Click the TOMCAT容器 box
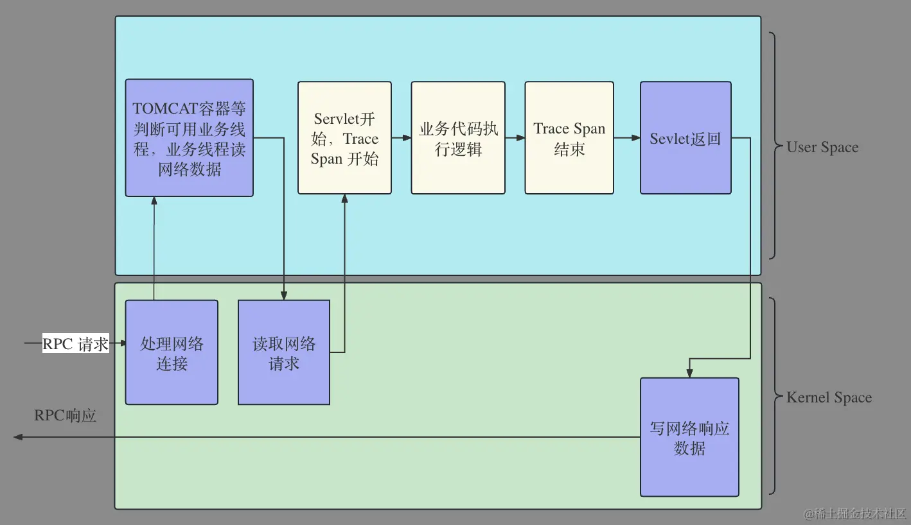pyautogui.click(x=189, y=137)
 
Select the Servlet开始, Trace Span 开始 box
pyautogui.click(x=344, y=137)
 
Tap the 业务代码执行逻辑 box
pyautogui.click(x=458, y=137)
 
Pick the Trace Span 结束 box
pyautogui.click(x=569, y=137)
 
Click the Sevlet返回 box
pyautogui.click(x=685, y=137)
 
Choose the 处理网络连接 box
pyautogui.click(x=172, y=352)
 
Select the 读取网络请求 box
pyautogui.click(x=284, y=352)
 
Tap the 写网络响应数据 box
pyautogui.click(x=689, y=437)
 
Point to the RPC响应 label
pyautogui.click(x=66, y=415)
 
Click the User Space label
pyautogui.click(x=822, y=147)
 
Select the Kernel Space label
pyautogui.click(x=829, y=397)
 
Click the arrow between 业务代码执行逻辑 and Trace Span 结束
pyautogui.click(x=515, y=137)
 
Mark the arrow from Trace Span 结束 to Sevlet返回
pyautogui.click(x=627, y=137)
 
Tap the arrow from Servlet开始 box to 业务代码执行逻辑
pyautogui.click(x=402, y=137)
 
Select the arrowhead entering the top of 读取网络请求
pyautogui.click(x=284, y=295)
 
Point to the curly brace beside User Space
pyautogui.click(x=774, y=147)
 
